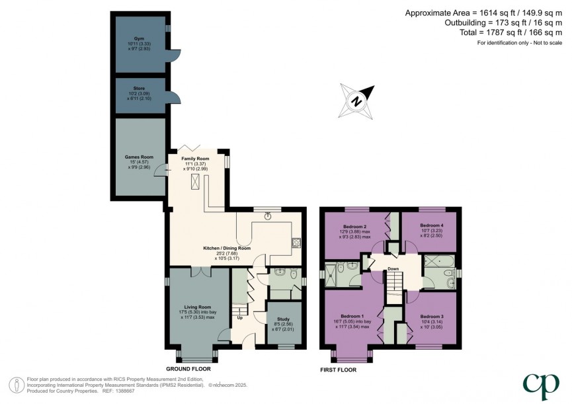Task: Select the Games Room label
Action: [139, 157]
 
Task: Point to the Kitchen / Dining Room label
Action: [226, 248]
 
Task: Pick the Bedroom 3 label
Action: [431, 317]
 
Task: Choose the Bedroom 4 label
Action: [431, 225]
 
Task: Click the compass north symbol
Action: [356, 101]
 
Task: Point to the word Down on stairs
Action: [393, 268]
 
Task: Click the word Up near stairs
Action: [239, 317]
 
